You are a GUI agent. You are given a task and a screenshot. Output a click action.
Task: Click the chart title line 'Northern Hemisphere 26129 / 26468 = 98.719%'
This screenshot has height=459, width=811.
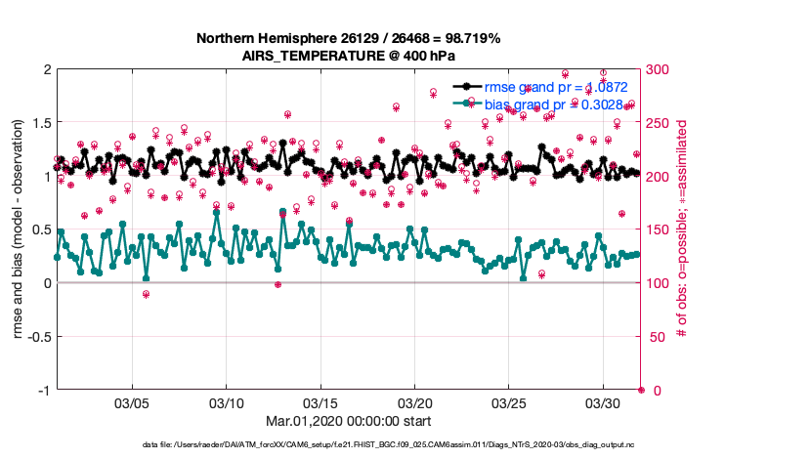tap(349, 39)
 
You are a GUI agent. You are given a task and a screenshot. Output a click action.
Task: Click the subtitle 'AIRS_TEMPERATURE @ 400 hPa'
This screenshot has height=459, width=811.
tap(349, 56)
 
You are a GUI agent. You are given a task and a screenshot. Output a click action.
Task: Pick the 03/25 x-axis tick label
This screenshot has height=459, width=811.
tap(509, 402)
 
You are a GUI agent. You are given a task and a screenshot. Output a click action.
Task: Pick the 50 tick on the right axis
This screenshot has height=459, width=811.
tap(653, 337)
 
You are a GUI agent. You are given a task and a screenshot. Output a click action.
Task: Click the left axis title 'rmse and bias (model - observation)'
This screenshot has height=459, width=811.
tap(19, 229)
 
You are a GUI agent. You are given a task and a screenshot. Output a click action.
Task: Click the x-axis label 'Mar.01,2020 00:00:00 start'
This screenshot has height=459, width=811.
tap(349, 421)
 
